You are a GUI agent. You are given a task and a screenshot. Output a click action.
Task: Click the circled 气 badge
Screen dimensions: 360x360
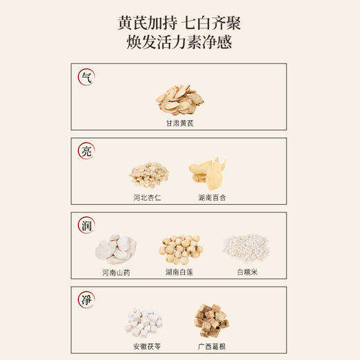pos(87,76)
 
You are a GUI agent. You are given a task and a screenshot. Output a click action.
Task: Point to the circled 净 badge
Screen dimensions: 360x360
pos(87,300)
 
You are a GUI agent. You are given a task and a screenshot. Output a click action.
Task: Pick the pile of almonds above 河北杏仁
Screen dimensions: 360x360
pos(149,174)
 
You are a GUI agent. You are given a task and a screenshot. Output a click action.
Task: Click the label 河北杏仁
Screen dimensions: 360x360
pos(149,197)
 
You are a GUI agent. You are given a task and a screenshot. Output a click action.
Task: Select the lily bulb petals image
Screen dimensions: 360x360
pos(208,173)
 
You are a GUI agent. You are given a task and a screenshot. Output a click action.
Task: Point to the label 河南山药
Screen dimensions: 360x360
pos(116,272)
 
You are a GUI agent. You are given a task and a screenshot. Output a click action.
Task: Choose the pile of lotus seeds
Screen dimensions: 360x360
pos(180,249)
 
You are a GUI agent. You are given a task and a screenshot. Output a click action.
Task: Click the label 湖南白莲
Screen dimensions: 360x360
pos(180,272)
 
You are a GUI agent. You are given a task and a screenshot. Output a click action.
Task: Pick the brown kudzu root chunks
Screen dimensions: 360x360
pos(211,320)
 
